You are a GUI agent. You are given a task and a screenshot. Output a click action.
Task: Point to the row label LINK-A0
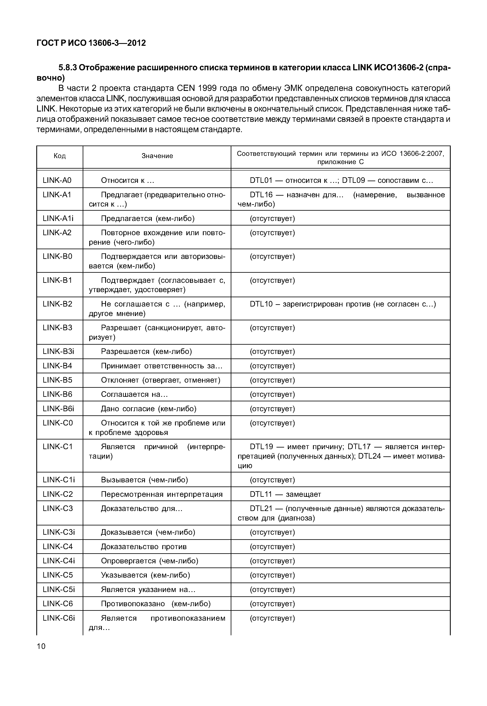(x=57, y=180)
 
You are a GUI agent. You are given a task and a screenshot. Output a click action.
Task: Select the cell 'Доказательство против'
(x=144, y=546)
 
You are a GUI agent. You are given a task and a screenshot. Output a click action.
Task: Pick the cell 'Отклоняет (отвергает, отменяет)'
(x=160, y=380)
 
